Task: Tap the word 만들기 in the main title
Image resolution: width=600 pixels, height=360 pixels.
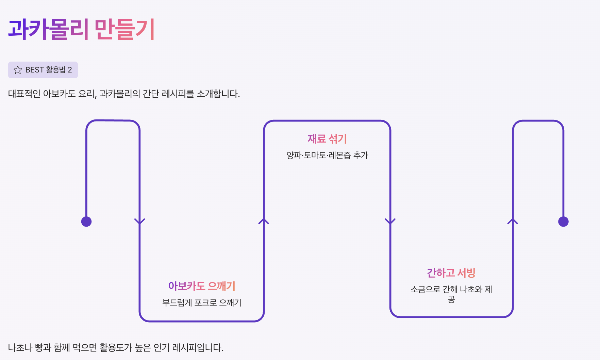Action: click(125, 29)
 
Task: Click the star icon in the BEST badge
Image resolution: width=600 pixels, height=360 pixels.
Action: click(18, 70)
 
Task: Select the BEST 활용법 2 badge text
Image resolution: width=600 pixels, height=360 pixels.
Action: click(49, 70)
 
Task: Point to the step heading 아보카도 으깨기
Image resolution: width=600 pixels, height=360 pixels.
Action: click(202, 286)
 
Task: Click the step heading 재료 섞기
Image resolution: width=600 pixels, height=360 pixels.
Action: click(327, 138)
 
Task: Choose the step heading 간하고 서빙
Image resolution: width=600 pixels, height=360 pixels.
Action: click(451, 273)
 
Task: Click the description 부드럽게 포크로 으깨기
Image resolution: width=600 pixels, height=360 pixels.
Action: click(202, 302)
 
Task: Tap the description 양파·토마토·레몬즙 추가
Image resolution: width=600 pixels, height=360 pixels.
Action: click(327, 155)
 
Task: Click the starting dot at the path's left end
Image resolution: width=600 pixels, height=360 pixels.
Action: click(86, 222)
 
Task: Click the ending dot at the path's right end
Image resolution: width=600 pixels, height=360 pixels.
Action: click(563, 222)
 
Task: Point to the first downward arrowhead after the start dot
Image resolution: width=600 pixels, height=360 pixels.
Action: click(140, 222)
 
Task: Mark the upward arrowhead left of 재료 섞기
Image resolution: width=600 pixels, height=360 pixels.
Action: click(264, 222)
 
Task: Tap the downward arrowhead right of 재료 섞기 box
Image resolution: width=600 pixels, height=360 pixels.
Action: click(390, 222)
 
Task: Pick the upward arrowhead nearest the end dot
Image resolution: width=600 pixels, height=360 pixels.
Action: click(513, 222)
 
